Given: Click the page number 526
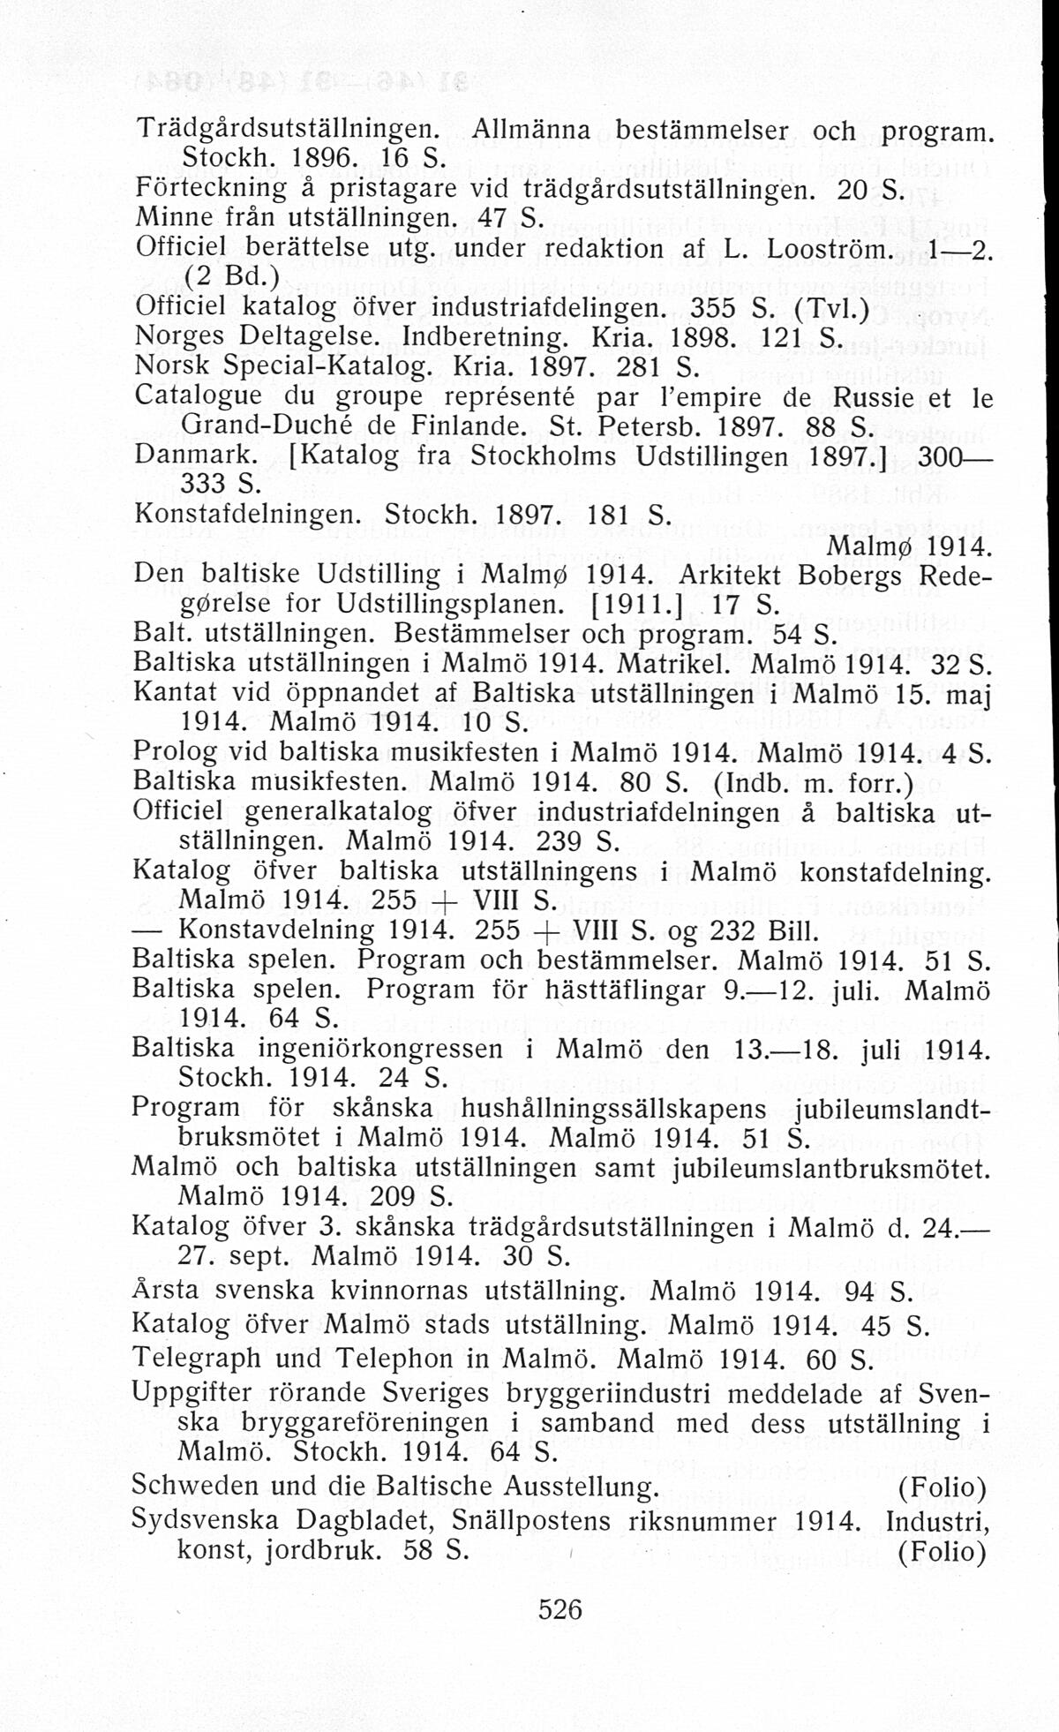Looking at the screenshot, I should click(x=560, y=1608).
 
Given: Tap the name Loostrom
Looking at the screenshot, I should click(x=822, y=249).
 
